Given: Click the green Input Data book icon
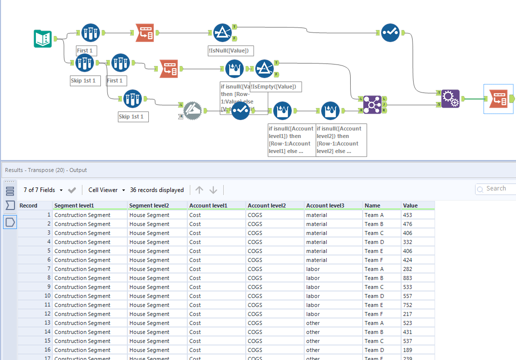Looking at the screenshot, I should coord(43,38).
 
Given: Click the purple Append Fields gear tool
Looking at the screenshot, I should coord(451,98).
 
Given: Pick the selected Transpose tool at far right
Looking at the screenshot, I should coord(498,99).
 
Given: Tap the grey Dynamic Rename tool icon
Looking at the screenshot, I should coord(193,110).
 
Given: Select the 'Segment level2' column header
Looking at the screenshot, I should coord(149,205).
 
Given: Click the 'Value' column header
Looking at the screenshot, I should coord(411,205).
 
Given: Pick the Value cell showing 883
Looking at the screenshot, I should coord(408,278).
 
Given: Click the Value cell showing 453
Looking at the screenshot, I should coord(408,215).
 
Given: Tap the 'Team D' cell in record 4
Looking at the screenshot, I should coord(374,242).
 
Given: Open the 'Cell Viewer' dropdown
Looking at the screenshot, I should coord(106,190).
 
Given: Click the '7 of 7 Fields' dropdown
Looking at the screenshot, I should coord(43,190).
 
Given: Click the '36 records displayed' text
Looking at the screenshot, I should coord(157,190).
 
